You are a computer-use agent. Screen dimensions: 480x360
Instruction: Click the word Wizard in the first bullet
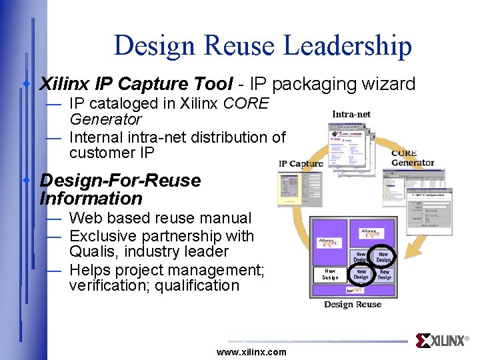(x=387, y=84)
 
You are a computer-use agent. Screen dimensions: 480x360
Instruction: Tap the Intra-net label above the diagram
(x=351, y=114)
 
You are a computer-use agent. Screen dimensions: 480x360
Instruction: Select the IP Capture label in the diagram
(x=301, y=163)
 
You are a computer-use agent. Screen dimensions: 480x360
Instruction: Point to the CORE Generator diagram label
(x=412, y=158)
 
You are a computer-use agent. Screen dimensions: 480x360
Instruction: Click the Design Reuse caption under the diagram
(x=352, y=305)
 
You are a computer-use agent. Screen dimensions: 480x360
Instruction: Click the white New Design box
(x=330, y=274)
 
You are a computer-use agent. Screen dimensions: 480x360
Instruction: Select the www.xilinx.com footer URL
(x=251, y=352)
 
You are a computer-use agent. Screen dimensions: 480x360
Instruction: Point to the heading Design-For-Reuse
(x=120, y=181)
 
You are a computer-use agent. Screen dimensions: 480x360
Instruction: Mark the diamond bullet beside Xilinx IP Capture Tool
(x=27, y=84)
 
